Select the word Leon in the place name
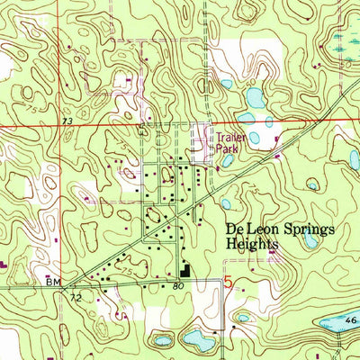[x=256, y=230]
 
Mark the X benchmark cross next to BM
[x=65, y=283]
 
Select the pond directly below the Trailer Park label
[x=227, y=162]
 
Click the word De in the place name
[x=229, y=230]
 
